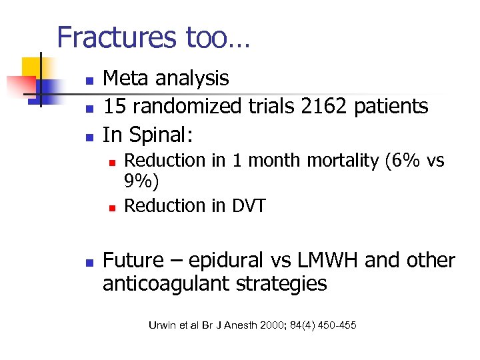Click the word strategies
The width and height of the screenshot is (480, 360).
coord(290,284)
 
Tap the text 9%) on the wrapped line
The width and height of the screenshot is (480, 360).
coord(142,183)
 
